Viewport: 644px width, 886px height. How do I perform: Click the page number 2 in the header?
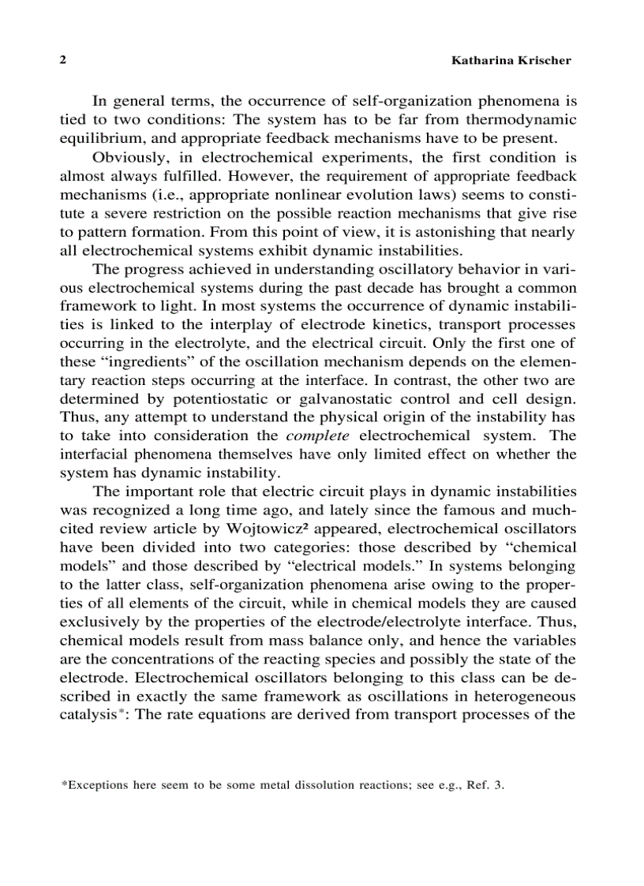tap(62, 61)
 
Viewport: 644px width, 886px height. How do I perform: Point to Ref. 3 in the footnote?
tap(485, 786)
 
